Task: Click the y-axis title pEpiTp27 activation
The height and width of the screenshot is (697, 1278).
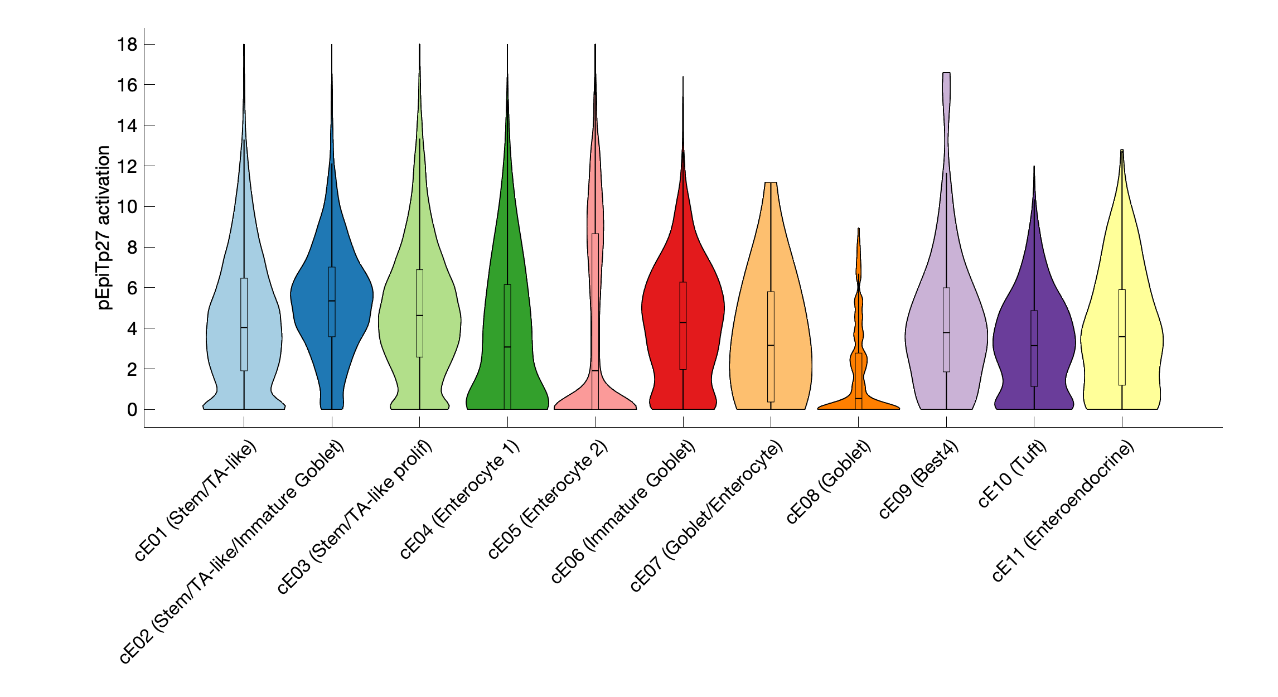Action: pos(104,228)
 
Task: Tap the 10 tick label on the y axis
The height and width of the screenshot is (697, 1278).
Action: pos(127,207)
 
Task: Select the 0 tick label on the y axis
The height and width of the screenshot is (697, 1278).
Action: pos(132,410)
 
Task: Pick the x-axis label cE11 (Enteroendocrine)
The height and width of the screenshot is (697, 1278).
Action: pos(1063,511)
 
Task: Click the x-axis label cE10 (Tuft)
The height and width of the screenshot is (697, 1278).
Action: pos(1012,474)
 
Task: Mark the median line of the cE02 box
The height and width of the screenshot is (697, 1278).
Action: pos(332,301)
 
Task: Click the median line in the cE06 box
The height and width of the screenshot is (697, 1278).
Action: pos(683,323)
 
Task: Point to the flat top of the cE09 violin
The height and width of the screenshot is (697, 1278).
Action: pos(946,73)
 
